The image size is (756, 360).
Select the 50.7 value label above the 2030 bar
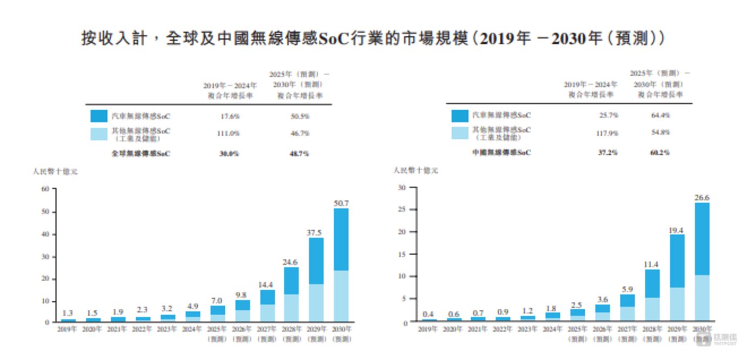[x=341, y=203]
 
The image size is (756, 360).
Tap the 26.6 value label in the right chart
[x=702, y=198]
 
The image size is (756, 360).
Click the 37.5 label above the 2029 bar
[x=316, y=232]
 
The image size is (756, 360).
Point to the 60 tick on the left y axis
[x=45, y=189]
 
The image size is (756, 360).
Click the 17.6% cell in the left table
[x=229, y=116]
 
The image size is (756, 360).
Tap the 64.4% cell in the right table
[x=660, y=115]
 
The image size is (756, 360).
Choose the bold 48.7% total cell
[x=299, y=154]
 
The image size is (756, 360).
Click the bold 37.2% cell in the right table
[x=607, y=152]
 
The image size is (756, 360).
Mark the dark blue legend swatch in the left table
[x=99, y=116]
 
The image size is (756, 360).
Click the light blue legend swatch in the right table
[x=460, y=132]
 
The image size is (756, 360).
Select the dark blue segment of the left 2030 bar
[x=341, y=239]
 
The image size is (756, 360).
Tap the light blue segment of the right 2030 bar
[x=702, y=297]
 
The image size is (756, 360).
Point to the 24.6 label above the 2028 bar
[x=291, y=262]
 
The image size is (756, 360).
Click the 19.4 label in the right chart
[x=677, y=230]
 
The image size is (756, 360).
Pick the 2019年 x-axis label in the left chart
[x=69, y=329]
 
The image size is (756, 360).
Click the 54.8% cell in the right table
[x=660, y=132]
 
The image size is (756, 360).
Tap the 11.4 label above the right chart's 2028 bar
[x=652, y=264]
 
